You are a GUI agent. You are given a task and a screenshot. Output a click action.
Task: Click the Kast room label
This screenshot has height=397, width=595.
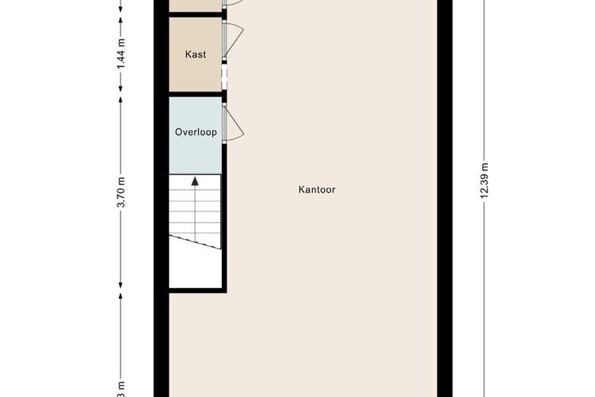tap(195, 55)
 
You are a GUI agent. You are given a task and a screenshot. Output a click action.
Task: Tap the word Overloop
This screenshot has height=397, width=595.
tap(195, 132)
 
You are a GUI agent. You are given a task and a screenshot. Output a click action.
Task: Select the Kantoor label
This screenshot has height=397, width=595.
tap(317, 189)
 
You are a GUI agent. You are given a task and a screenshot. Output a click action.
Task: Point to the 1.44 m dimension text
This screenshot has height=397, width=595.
tap(121, 55)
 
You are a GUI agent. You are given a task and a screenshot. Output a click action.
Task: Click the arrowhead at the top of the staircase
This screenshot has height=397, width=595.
tap(195, 181)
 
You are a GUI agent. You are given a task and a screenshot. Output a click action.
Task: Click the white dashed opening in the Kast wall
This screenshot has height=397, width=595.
tap(224, 74)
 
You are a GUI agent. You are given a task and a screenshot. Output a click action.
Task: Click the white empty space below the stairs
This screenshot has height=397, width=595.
tap(195, 267)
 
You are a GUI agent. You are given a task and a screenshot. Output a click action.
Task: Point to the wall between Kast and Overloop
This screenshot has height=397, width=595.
tap(195, 95)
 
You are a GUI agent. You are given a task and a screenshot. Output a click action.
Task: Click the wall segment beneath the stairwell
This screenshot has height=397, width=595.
tap(196, 290)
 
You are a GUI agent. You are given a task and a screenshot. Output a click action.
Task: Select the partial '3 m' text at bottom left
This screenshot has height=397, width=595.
tap(121, 386)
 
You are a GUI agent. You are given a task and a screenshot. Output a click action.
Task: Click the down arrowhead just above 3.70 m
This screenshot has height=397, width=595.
tap(121, 97)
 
